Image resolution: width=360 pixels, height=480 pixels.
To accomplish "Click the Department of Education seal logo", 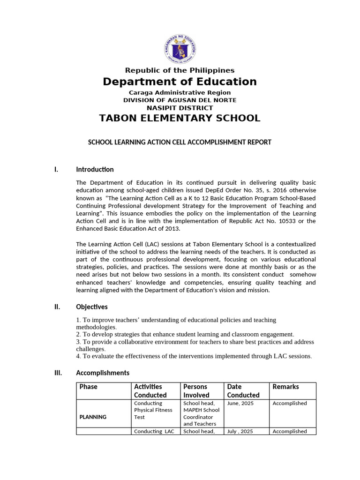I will coord(180,50).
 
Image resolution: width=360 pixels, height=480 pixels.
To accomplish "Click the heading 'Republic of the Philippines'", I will coord(180,70).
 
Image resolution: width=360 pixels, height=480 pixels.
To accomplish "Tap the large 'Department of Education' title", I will coord(180,82).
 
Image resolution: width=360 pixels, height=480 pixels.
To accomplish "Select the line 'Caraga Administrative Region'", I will coord(180,93).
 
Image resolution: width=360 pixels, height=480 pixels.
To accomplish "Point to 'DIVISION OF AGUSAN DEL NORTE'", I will coord(180,100).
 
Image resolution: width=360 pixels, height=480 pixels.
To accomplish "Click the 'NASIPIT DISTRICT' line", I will coord(180,108).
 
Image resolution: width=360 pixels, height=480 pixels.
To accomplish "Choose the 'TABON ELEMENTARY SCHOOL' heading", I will coord(180,118).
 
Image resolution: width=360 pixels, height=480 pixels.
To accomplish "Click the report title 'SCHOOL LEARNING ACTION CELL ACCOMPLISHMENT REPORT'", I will coord(180,142).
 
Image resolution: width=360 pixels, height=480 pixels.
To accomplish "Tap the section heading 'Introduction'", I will coord(95,170).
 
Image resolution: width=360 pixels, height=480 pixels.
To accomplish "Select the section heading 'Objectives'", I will coord(92,307).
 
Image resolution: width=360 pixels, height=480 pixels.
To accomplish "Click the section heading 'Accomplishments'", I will coord(103,373).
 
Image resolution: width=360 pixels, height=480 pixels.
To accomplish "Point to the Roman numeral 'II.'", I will coord(57,307).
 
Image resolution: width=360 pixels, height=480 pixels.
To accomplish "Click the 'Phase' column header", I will coord(89,387).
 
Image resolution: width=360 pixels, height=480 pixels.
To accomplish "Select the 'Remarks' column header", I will coord(285,387).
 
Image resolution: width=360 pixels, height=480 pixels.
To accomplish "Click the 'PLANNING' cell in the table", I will coord(93,417).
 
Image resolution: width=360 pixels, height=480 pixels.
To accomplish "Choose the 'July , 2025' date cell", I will coord(240,431).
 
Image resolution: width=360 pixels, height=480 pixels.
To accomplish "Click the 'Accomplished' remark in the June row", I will coord(290,403).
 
